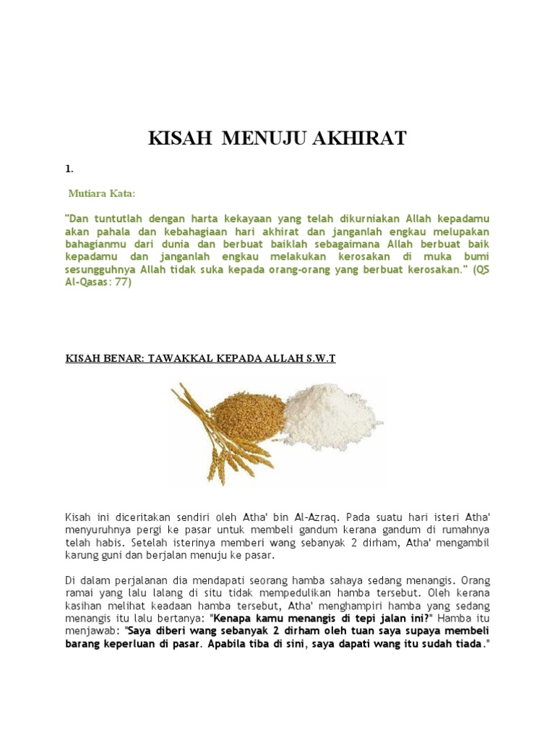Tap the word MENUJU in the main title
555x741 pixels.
point(262,138)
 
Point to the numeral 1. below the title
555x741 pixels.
point(69,169)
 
